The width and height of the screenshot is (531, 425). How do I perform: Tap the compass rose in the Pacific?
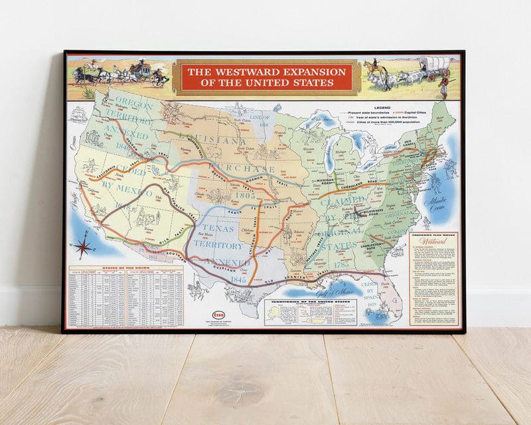[84, 246]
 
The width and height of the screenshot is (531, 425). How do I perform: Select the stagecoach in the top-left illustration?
[139, 68]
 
